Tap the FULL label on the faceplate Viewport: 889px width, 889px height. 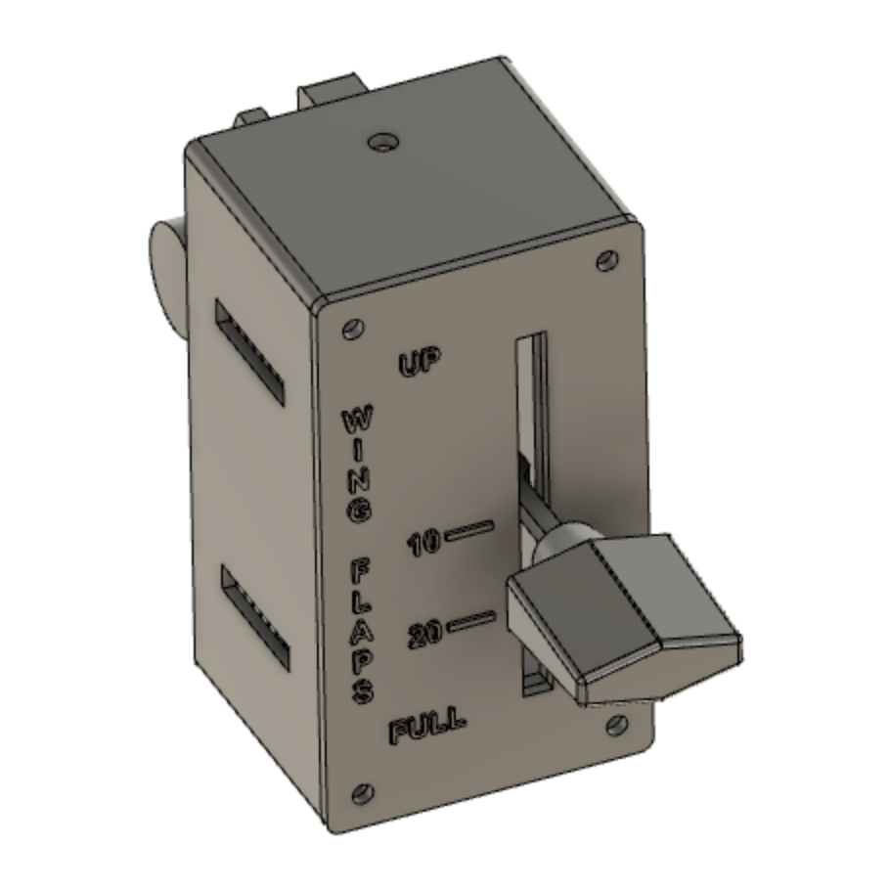point(427,729)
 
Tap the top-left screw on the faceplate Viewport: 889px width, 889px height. point(350,329)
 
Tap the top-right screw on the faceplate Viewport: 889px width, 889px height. point(607,261)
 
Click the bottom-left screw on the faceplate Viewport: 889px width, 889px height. point(363,791)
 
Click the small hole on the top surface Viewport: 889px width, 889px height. point(383,143)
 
